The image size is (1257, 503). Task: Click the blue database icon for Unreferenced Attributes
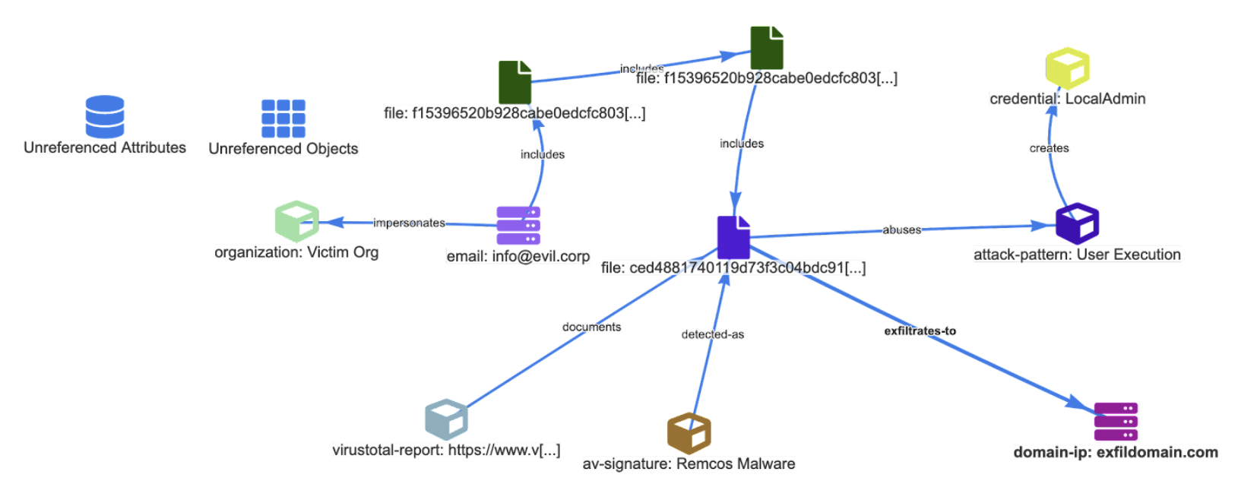coord(105,116)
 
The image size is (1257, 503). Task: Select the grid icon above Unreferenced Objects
coord(283,118)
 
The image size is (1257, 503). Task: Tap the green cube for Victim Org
coord(296,221)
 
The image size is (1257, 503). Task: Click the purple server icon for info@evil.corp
coord(518,225)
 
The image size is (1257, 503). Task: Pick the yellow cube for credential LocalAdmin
coord(1067,68)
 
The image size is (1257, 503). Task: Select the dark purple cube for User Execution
coord(1077,223)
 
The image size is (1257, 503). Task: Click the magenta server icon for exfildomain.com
coord(1116,422)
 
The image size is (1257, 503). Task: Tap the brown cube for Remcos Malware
coord(689,433)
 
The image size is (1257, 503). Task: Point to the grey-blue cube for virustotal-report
coord(446,419)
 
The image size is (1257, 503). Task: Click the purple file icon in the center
coord(733,237)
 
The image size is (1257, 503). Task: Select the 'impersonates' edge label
coord(409,223)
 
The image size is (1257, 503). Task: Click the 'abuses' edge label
coord(901,229)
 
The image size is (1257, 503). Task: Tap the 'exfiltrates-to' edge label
coord(920,331)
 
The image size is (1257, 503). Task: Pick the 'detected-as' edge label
coord(712,334)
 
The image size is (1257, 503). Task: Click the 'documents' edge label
coord(591,327)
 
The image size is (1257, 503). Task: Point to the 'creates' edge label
coord(1049,148)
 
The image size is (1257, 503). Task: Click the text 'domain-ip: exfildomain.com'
coord(1115,452)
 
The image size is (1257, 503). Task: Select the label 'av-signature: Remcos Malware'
coord(689,463)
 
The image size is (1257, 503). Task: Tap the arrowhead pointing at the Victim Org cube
coord(331,223)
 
